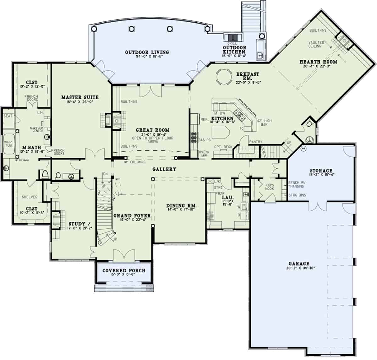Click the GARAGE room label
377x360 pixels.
coord(299,264)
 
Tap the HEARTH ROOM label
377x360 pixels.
coord(318,62)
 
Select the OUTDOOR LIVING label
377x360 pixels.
coord(147,52)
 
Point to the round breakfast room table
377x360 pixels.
coord(223,77)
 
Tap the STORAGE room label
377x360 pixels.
coord(321,171)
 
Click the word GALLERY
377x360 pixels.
coord(164,169)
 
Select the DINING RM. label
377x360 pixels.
coord(181,206)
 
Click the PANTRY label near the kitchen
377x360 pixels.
coord(255,142)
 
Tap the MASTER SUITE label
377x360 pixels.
coord(80,97)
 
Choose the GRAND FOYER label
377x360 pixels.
coord(132,216)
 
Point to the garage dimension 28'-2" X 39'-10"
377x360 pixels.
coord(299,268)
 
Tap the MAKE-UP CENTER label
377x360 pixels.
coord(36,130)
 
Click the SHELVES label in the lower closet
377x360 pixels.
coord(30,197)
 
